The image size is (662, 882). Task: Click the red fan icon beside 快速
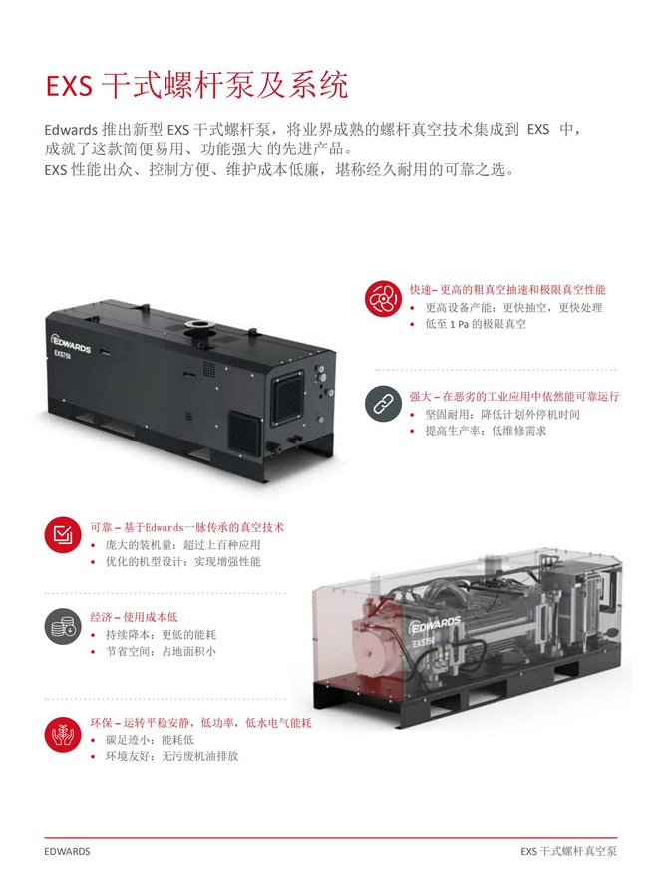click(383, 299)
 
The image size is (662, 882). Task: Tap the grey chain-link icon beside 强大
click(383, 404)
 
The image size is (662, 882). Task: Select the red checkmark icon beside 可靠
click(63, 534)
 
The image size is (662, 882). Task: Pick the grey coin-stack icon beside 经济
click(63, 626)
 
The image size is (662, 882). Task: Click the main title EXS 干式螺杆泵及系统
click(197, 86)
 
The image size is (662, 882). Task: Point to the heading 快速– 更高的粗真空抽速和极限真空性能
click(507, 290)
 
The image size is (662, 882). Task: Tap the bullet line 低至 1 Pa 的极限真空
click(476, 324)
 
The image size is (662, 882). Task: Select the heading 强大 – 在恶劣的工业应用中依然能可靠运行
click(514, 396)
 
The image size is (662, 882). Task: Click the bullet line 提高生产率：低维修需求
click(486, 431)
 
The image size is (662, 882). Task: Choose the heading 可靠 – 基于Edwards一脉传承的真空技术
click(186, 527)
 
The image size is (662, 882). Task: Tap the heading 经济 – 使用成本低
click(134, 617)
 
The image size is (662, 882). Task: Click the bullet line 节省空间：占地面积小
click(161, 652)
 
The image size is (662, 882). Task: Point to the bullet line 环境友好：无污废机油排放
click(172, 756)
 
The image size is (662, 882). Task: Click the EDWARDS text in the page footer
click(67, 852)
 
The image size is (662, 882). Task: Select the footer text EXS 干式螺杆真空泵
click(569, 852)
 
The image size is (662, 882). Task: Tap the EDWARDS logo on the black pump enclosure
click(71, 344)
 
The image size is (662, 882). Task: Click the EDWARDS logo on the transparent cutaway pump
click(435, 624)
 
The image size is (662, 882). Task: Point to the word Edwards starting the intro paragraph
click(71, 130)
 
